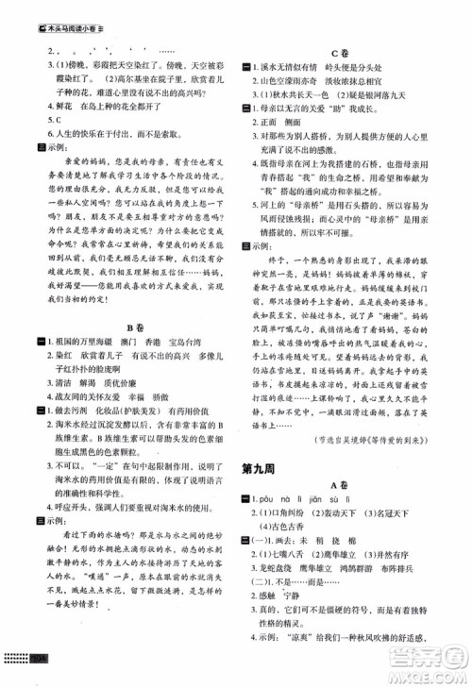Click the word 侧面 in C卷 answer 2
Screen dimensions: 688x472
point(296,123)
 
